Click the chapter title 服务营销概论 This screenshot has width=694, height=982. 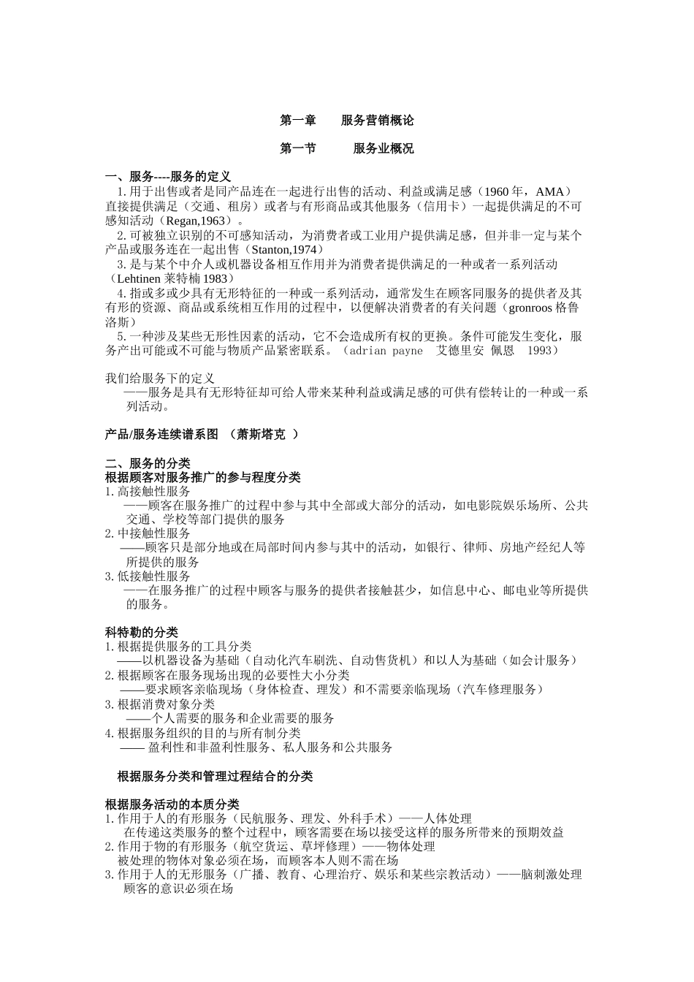[377, 120]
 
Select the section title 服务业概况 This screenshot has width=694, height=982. [383, 148]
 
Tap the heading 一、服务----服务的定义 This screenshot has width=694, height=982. [168, 177]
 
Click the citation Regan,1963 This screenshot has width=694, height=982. [197, 220]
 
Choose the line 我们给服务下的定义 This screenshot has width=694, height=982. [160, 378]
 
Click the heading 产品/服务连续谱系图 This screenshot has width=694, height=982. [161, 434]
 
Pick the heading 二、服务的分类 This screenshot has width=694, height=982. [148, 463]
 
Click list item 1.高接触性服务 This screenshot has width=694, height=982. [148, 492]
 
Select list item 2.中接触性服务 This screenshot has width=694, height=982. [148, 533]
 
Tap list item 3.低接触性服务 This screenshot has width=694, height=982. [148, 576]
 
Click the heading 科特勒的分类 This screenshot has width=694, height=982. [142, 632]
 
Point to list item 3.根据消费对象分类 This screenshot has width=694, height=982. [160, 704]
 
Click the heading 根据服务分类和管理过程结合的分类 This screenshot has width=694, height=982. [215, 776]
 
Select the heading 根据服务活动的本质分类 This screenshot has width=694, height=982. [172, 804]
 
